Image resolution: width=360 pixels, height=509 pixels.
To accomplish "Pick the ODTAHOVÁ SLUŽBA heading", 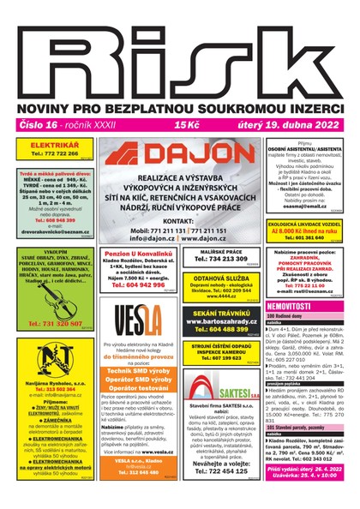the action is (x=216, y=278).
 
